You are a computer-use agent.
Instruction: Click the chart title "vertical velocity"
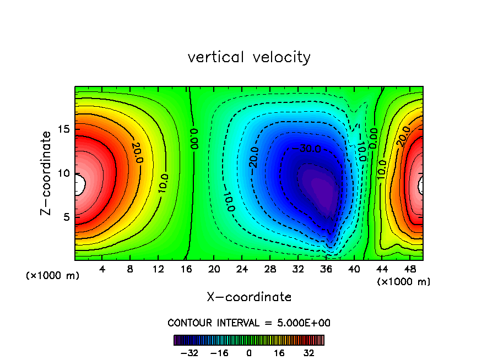249,57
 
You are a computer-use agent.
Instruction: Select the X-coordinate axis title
249,297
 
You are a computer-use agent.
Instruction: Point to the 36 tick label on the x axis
326,270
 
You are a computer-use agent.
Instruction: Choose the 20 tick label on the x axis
214,270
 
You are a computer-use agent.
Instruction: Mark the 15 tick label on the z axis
64,129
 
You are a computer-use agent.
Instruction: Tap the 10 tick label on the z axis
64,173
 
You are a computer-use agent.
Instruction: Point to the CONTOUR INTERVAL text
249,323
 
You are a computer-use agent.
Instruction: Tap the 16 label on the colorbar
279,353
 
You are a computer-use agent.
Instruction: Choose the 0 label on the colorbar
249,353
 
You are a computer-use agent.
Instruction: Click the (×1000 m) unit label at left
53,276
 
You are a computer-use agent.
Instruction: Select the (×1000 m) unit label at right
404,282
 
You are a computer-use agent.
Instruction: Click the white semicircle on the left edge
80,185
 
